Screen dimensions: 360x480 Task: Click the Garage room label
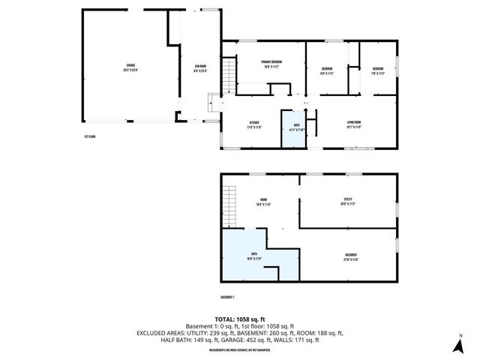(130, 67)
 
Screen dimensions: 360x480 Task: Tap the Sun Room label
(199, 69)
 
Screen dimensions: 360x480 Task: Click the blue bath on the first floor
(293, 128)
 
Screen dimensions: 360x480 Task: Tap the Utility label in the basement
(347, 201)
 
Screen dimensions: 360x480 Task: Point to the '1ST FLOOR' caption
(91, 136)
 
